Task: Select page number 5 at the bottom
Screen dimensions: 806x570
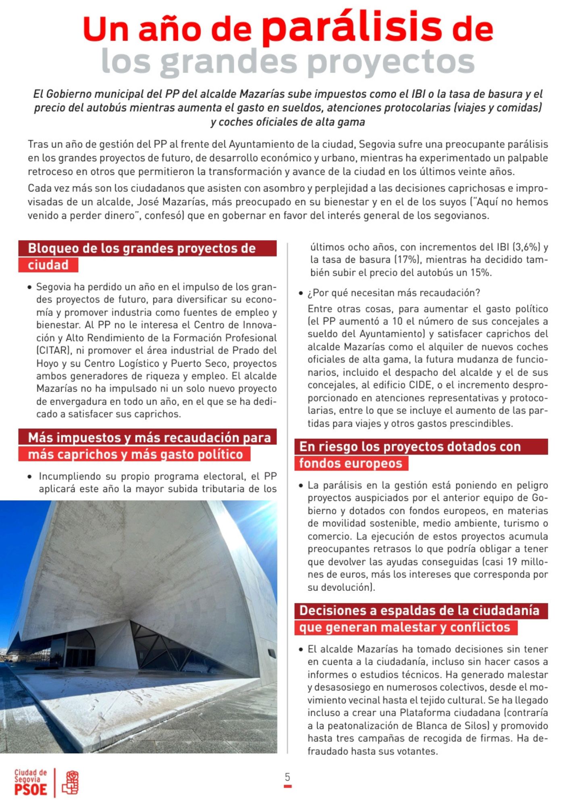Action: click(287, 777)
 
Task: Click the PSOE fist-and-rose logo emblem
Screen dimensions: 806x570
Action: click(70, 782)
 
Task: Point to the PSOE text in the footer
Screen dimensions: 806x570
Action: click(31, 789)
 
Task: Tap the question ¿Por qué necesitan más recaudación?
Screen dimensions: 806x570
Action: click(394, 293)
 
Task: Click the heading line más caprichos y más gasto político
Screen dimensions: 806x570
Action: click(135, 454)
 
